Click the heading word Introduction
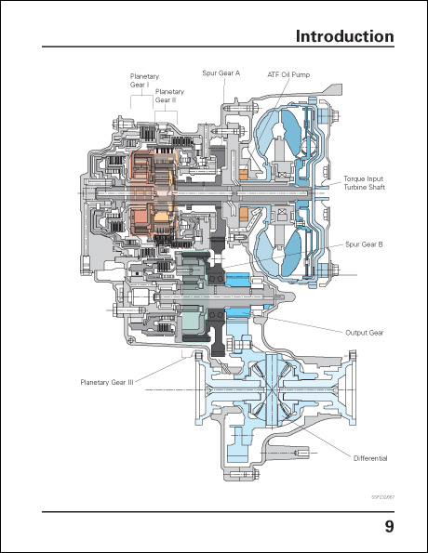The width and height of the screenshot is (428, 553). coord(344,36)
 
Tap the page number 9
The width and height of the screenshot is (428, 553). coord(389,529)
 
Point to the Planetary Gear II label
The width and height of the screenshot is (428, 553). coord(169,96)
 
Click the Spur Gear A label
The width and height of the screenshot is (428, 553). coord(221,72)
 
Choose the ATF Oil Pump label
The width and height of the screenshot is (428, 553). coord(288,72)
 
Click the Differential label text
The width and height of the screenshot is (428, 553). coord(369,458)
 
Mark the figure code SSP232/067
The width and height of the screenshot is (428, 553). coord(382,496)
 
